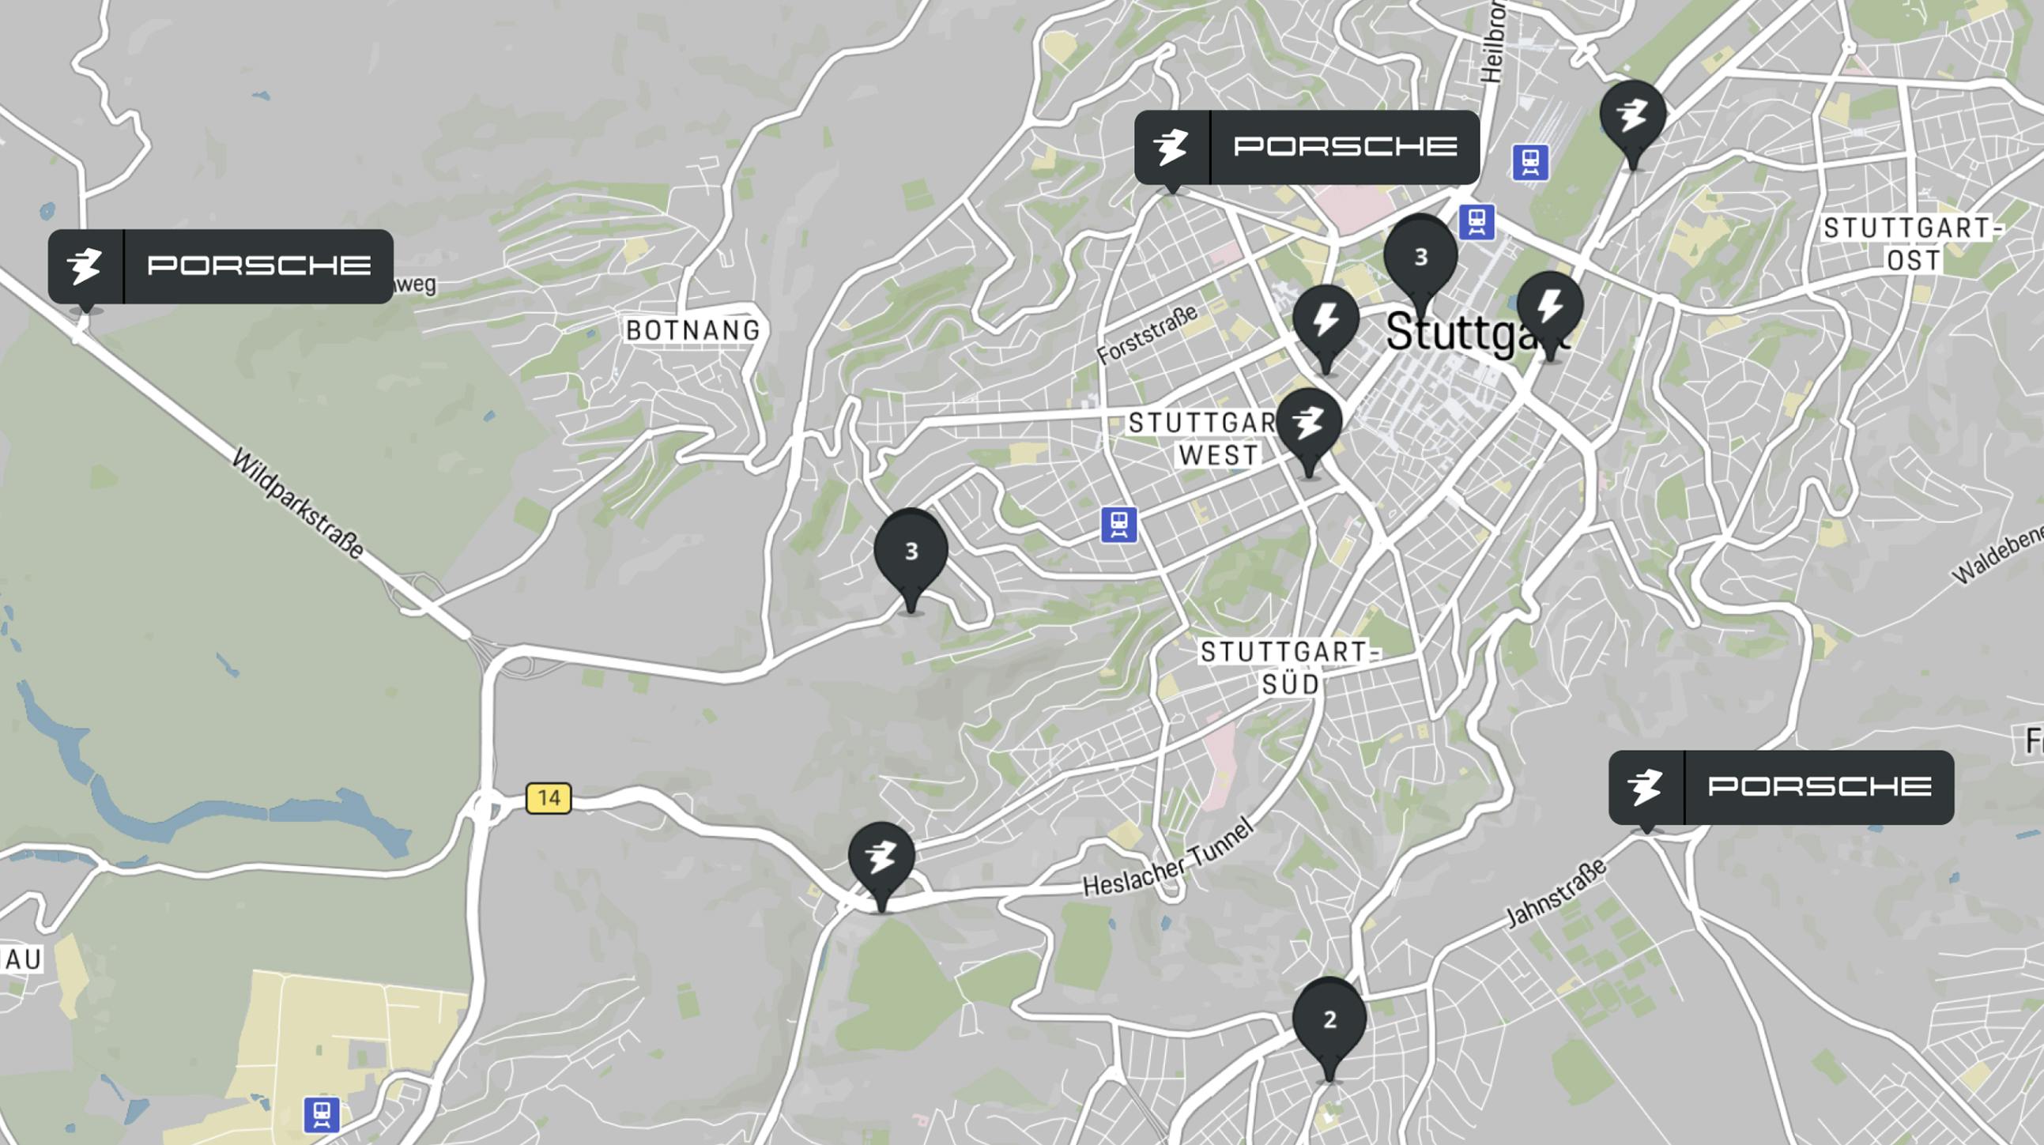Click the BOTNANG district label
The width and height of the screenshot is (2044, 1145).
692,330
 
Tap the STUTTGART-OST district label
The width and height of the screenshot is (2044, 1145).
1911,244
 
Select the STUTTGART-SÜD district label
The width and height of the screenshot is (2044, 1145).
1289,667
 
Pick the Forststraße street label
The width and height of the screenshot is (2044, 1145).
1148,335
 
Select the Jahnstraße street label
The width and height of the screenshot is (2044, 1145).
1556,892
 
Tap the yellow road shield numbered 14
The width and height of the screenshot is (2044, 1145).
549,797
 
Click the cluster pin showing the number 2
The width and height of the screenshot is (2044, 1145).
1329,1019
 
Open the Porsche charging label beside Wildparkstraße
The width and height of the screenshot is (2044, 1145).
221,266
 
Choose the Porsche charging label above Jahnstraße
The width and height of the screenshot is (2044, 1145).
1781,787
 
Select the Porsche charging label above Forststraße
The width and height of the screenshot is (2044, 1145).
1307,147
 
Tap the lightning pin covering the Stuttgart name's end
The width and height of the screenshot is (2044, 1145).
1550,307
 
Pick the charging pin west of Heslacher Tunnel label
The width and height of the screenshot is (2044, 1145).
881,858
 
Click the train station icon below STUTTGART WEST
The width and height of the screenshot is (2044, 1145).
1118,525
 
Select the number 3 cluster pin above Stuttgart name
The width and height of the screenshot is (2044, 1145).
1420,256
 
